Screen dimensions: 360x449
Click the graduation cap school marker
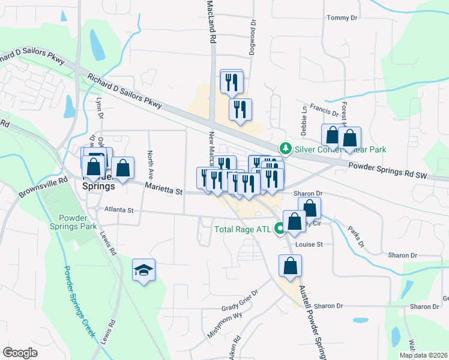(x=144, y=271)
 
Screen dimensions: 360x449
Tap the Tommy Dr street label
(x=341, y=18)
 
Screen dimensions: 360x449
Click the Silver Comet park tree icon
(x=286, y=148)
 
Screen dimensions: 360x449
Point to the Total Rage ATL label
(x=243, y=229)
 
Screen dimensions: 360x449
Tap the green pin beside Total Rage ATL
(x=279, y=228)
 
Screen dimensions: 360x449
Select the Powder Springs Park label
(x=77, y=223)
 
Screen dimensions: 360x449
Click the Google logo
(x=20, y=352)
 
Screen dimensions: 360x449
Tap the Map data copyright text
(x=423, y=355)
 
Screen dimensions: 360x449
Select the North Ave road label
(x=151, y=164)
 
